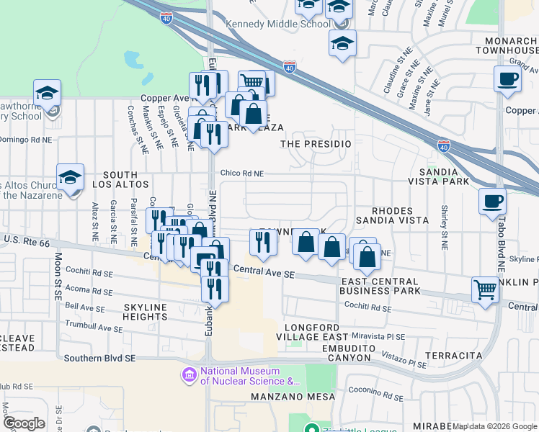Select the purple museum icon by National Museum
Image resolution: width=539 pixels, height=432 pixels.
[190, 374]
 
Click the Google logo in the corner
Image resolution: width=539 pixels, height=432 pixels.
[24, 423]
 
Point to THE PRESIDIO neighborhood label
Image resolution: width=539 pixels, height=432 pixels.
[316, 144]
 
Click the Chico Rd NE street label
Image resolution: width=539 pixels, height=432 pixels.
[242, 174]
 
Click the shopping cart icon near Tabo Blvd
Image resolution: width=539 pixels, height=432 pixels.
[485, 290]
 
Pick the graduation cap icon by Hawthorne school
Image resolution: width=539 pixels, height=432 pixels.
[47, 92]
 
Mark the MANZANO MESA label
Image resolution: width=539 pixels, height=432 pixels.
[293, 397]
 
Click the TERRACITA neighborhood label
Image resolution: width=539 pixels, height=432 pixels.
[453, 356]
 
